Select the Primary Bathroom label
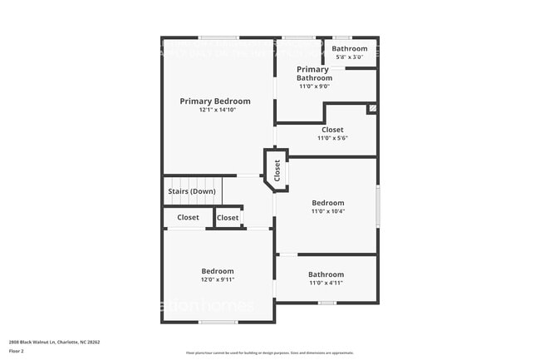[314, 74]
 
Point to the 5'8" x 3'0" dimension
[349, 57]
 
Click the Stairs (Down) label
[192, 191]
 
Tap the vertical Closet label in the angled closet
[277, 170]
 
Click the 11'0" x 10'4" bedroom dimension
[327, 212]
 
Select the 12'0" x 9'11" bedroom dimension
[218, 280]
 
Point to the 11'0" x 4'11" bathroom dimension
[326, 284]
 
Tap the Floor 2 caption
[17, 352]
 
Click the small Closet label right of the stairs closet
[228, 218]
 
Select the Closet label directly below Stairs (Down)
[188, 218]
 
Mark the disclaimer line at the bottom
[269, 353]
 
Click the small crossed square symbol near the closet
[372, 108]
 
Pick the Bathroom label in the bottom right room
[326, 274]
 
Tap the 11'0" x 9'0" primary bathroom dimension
[314, 86]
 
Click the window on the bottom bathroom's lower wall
[326, 303]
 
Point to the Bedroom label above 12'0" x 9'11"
[218, 271]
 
